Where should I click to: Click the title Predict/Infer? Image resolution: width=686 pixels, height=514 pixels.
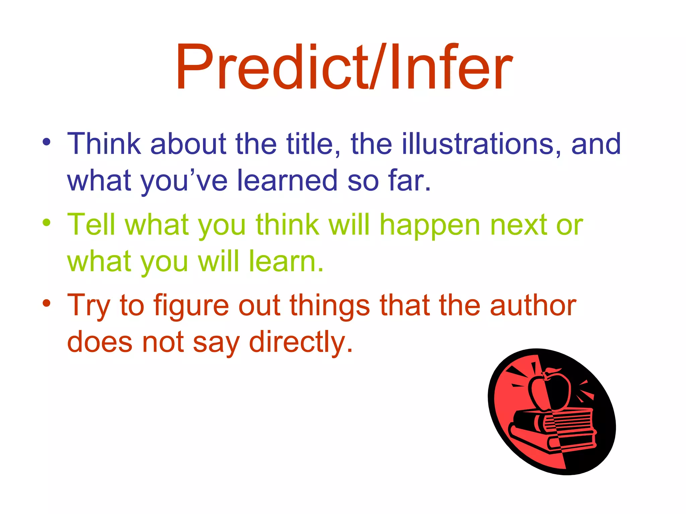coord(344,67)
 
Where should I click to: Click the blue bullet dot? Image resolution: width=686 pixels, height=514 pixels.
coord(47,142)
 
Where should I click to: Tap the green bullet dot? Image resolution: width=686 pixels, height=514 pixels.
coord(47,222)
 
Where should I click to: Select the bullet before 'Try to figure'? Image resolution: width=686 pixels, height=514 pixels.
coord(47,303)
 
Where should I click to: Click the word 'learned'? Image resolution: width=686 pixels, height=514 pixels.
coord(287,181)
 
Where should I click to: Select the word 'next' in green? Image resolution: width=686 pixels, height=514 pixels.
coord(519,225)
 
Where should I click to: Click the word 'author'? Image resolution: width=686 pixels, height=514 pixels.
coord(533,305)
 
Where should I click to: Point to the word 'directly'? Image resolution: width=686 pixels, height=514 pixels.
coord(297,343)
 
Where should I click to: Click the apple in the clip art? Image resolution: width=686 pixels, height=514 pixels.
coord(549,390)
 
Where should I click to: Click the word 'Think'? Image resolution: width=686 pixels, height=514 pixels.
coord(104,144)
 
